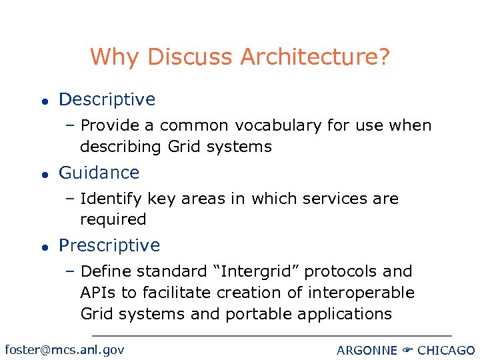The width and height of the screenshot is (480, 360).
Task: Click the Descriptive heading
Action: tap(107, 100)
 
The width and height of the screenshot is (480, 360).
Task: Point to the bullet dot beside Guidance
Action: tap(42, 173)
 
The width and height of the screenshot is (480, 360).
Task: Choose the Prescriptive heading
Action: tap(109, 245)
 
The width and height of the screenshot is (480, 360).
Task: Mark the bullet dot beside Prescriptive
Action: tap(42, 247)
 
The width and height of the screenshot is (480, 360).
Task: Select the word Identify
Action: tap(110, 199)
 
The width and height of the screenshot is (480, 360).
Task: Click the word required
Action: tap(113, 219)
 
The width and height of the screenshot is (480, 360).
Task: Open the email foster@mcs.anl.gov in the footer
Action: tap(64, 349)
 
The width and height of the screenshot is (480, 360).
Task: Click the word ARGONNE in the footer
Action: tap(367, 350)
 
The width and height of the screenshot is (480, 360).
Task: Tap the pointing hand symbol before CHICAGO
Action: tap(407, 350)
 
